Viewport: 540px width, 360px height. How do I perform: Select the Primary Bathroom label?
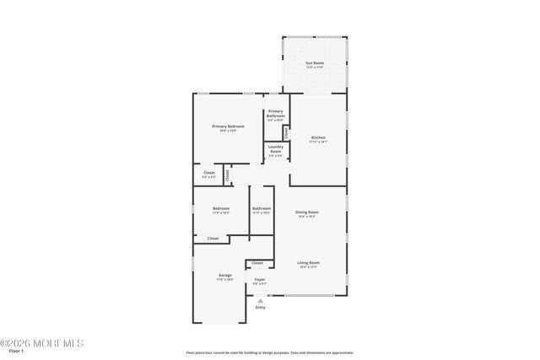pos(276,114)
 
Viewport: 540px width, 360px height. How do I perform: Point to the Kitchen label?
pos(318,137)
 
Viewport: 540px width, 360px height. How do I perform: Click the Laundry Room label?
pos(276,149)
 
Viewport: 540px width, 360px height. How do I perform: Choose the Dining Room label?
pos(306,212)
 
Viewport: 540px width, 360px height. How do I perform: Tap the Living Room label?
pos(308,262)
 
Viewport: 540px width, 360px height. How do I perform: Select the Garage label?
pos(225,276)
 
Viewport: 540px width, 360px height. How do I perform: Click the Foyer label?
pos(260,280)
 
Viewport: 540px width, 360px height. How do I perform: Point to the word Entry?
pos(260,307)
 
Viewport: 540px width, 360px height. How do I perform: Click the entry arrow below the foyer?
pos(260,299)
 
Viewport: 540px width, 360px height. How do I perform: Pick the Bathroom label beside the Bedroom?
pos(262,208)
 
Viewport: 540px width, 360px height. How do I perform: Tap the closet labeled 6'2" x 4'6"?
pos(209,174)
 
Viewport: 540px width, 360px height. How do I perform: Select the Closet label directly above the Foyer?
pos(257,263)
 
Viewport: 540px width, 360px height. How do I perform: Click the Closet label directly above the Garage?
pos(213,239)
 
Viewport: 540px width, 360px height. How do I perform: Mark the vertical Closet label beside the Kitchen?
pos(287,132)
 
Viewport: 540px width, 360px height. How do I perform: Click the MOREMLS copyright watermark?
pos(42,343)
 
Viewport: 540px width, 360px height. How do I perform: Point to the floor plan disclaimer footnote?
pos(269,353)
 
